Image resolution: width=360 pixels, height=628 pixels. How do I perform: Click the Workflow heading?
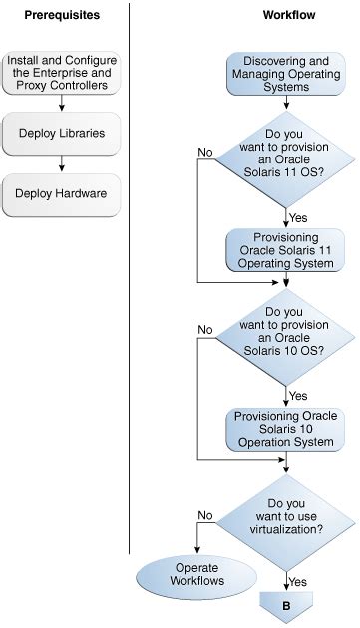coord(286,17)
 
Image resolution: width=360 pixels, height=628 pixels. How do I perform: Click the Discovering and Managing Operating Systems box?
coord(286,73)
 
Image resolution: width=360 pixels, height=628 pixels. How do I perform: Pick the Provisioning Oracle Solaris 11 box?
coord(286,250)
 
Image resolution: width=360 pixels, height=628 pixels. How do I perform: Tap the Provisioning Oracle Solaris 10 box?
coord(286,428)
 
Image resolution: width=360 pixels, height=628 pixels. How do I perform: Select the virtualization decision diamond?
coord(286,517)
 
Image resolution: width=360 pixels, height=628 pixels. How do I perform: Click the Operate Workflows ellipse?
coord(196,573)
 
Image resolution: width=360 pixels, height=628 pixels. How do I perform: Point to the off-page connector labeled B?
coord(286,605)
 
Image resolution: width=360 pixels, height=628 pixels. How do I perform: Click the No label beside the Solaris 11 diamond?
coord(205,152)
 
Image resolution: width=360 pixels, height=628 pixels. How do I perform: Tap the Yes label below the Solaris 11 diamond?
coord(298,217)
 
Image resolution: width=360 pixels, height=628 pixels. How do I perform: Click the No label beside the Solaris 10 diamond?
coord(205,330)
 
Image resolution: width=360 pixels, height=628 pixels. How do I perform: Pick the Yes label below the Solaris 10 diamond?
coord(298,396)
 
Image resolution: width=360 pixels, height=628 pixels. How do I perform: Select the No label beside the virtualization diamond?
coord(205,516)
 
